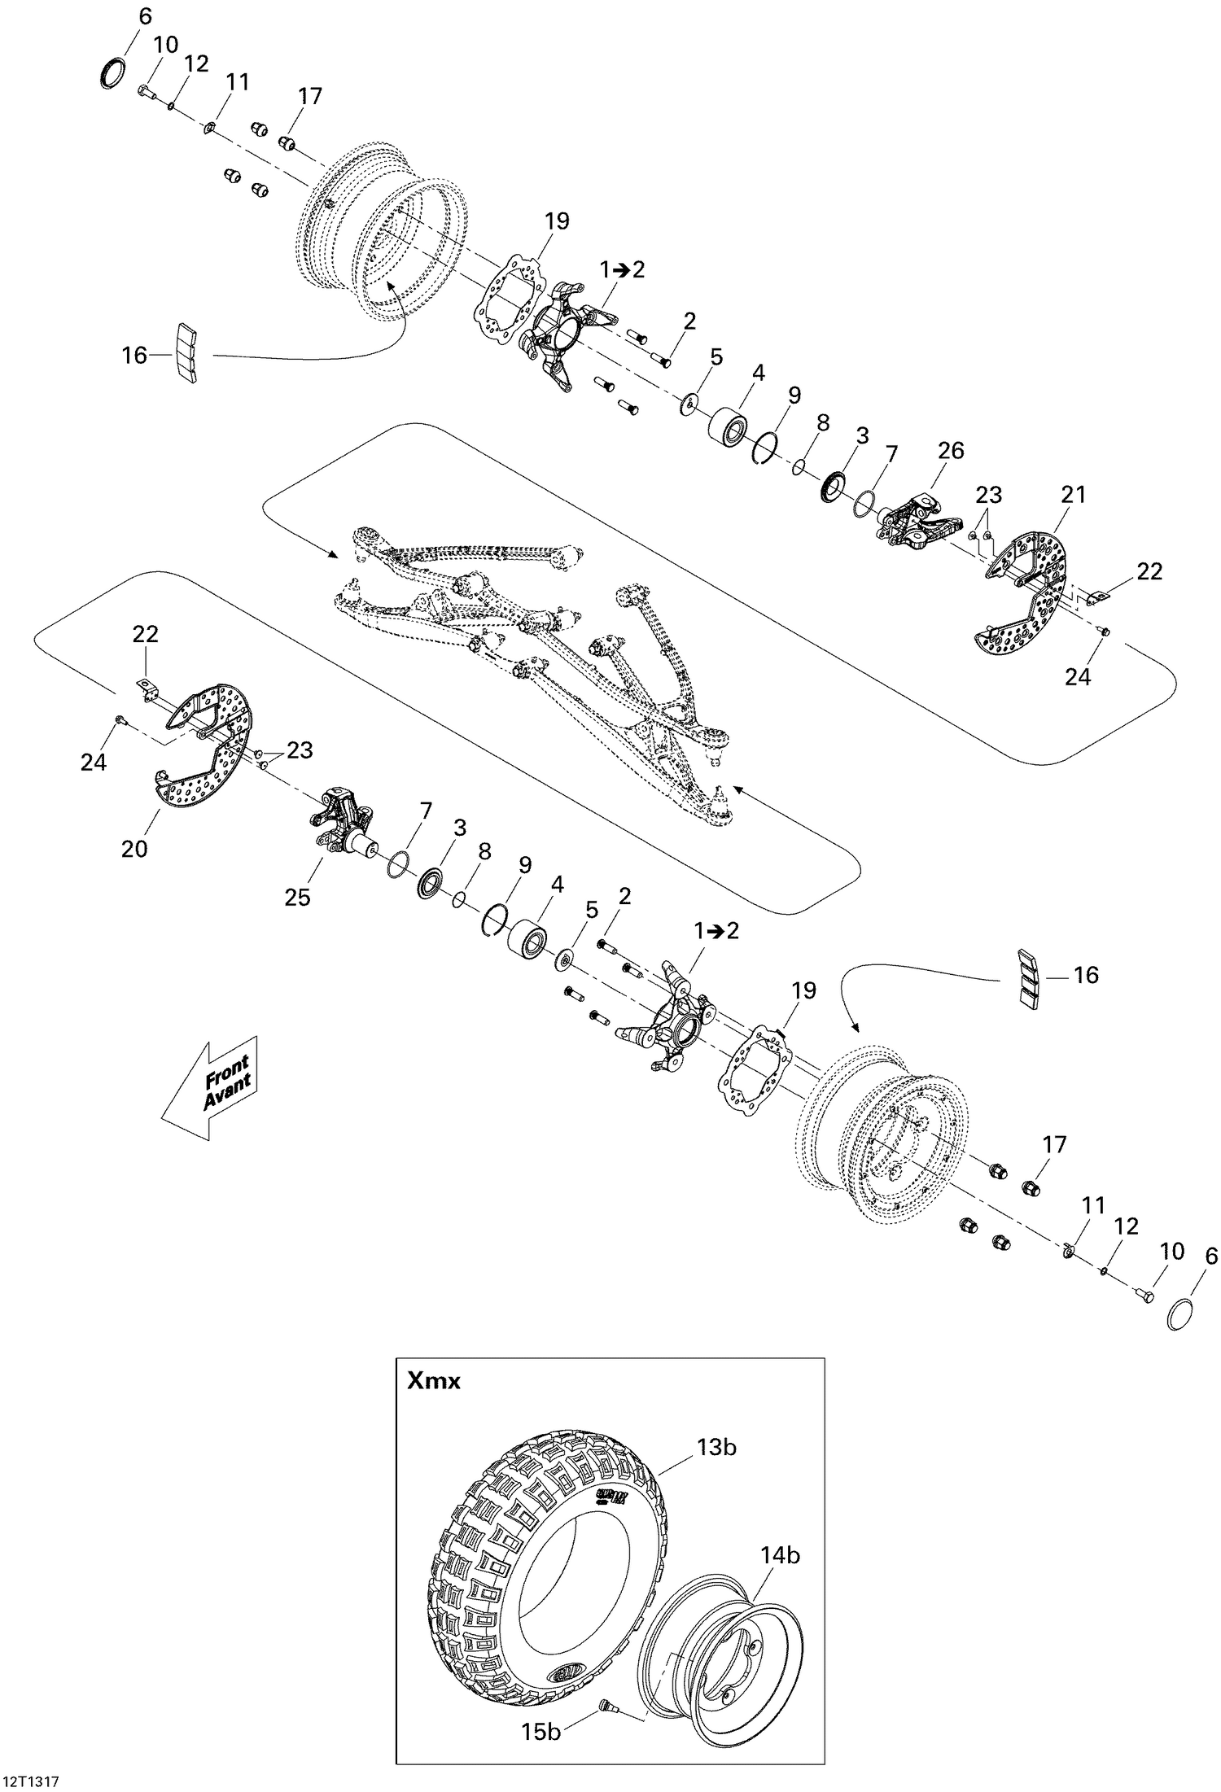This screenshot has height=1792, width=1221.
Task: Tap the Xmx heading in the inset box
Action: click(x=435, y=1381)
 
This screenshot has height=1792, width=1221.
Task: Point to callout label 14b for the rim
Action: click(x=779, y=1555)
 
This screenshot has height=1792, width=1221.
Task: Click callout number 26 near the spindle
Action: click(x=951, y=450)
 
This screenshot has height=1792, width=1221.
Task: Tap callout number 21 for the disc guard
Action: click(x=1073, y=494)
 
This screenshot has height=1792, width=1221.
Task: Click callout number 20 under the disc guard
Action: click(x=134, y=848)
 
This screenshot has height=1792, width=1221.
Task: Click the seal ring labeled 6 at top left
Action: click(x=112, y=71)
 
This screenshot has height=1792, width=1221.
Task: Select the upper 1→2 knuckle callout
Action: click(x=622, y=269)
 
